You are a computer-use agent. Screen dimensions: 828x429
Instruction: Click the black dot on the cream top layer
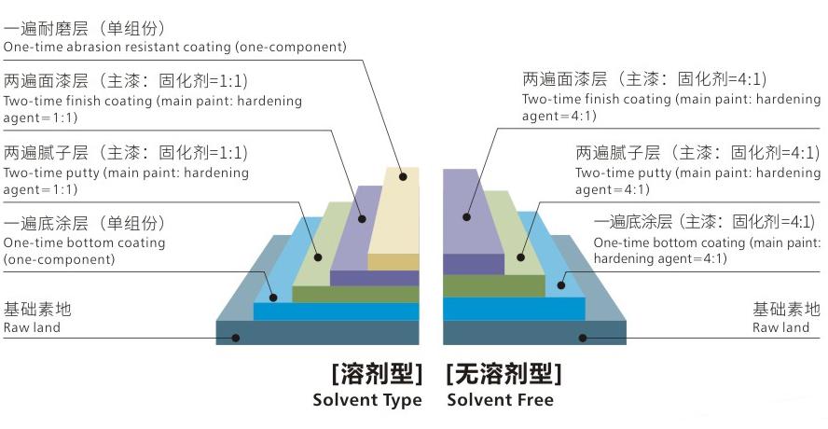point(403,176)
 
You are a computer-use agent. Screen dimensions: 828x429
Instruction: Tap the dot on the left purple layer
point(362,218)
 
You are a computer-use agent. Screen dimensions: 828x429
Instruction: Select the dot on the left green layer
point(318,257)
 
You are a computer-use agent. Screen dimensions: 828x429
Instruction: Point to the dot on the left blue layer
point(273,298)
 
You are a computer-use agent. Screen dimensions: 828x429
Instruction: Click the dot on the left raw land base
point(236,338)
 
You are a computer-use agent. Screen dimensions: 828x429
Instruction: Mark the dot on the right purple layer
point(466,216)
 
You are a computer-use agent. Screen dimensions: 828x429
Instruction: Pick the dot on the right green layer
point(520,257)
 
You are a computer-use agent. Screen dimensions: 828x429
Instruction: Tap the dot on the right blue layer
point(560,285)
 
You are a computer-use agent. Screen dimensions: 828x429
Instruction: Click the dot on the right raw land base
point(583,338)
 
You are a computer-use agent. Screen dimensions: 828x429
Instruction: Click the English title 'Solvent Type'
point(367,400)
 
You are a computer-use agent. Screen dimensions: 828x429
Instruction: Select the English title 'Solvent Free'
point(500,399)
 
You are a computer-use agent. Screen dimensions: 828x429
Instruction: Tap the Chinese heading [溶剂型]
point(378,374)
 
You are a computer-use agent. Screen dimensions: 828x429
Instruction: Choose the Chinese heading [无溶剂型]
point(504,374)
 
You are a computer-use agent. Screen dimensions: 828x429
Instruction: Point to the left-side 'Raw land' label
point(32,327)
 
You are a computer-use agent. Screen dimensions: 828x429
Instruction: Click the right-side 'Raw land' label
point(780,327)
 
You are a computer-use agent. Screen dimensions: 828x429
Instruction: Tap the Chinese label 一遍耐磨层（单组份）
point(85,28)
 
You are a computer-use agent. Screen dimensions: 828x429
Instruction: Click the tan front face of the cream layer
point(393,262)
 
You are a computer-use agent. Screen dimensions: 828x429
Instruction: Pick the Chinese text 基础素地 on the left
point(37,309)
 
